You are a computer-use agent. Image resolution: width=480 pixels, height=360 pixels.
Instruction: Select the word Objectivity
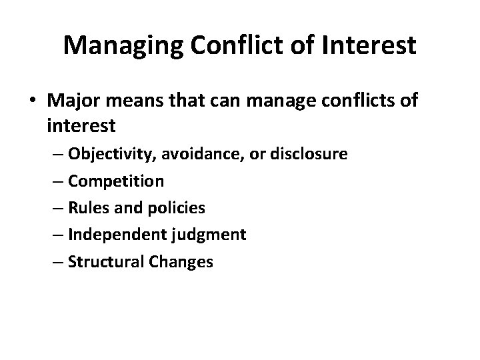109,154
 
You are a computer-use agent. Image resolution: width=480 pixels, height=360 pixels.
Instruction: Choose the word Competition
117,181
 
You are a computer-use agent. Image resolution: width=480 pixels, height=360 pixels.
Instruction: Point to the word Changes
182,261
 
